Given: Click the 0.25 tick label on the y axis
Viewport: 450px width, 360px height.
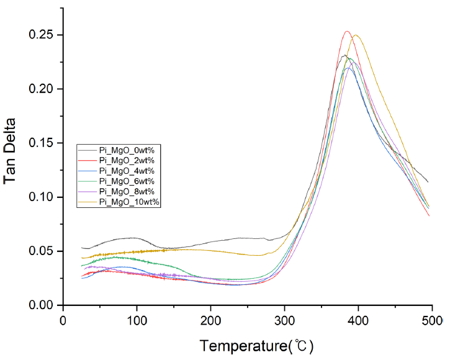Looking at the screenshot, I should [x=41, y=35].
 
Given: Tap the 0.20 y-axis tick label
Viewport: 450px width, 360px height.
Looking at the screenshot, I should [x=41, y=89].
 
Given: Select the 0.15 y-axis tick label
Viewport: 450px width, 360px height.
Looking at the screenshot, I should [x=41, y=143].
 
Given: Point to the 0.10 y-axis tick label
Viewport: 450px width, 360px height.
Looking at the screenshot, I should [x=41, y=197].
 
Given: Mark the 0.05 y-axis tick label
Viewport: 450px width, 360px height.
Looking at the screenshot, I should [x=41, y=251].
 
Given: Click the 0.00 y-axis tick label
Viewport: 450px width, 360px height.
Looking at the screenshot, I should [x=41, y=305].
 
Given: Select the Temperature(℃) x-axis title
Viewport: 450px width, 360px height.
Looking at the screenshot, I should [x=247, y=345].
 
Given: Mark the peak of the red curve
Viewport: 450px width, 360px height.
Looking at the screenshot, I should [x=347, y=32].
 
